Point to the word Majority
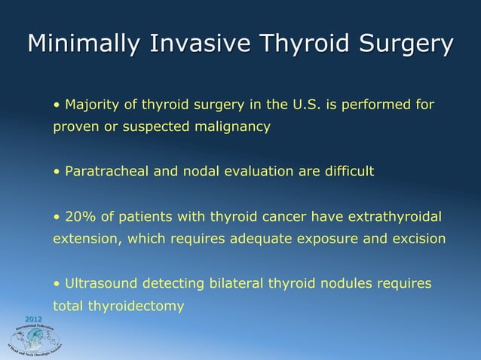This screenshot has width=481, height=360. [x=93, y=104]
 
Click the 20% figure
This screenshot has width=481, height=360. [x=81, y=217]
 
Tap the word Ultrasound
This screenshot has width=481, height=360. [x=100, y=284]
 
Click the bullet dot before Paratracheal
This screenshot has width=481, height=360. [x=56, y=172]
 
